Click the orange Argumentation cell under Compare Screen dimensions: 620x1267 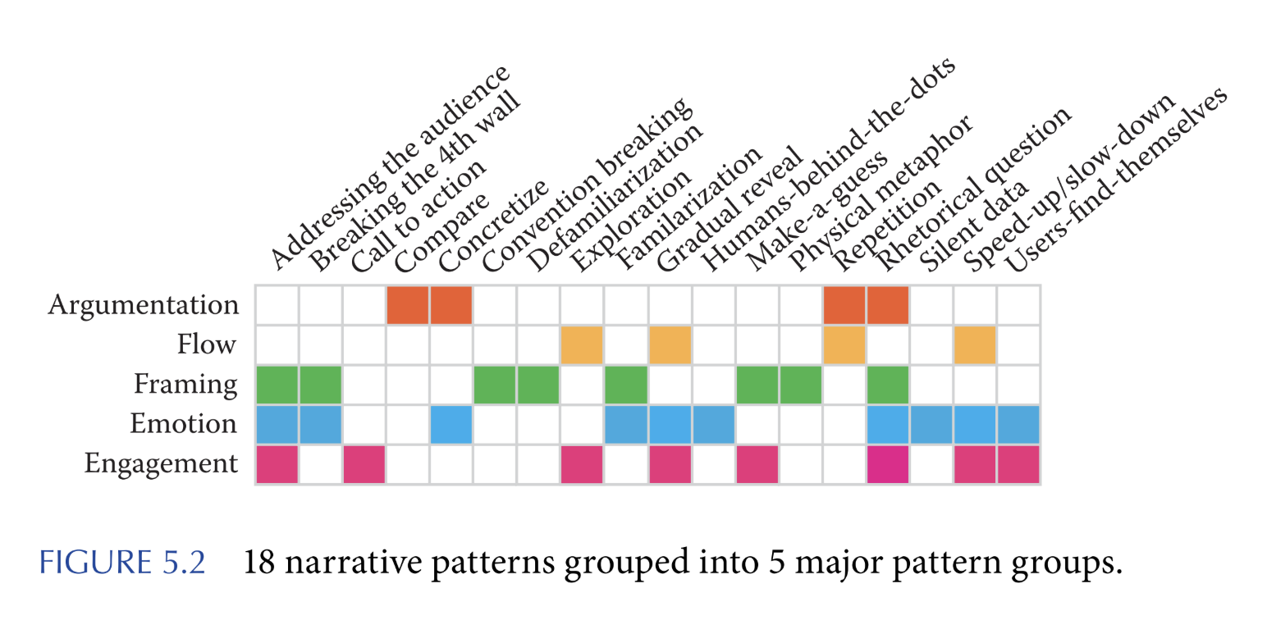408,305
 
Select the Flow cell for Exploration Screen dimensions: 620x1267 582,345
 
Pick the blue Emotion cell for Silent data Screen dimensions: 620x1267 931,425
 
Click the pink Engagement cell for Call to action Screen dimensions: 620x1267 364,465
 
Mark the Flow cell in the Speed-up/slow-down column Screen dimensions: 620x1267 975,345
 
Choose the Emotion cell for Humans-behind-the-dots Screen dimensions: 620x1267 713,425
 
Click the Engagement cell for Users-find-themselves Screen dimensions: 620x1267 1018,465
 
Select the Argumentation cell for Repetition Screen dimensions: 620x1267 844,305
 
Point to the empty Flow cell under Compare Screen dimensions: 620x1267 408,345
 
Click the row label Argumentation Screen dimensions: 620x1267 144,305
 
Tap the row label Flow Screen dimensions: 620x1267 207,345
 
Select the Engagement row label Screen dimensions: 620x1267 161,465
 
